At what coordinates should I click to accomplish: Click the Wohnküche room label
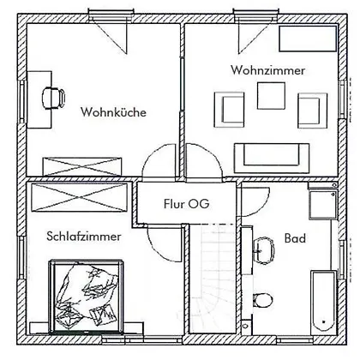[113, 111]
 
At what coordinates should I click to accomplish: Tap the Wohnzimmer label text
[268, 70]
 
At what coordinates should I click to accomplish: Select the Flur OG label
[187, 203]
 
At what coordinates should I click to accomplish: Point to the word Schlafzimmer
[84, 237]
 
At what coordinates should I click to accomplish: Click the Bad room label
[295, 238]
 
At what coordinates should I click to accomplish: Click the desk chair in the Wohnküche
[53, 98]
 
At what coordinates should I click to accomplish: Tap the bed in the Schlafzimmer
[86, 297]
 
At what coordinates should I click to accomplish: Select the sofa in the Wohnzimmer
[272, 158]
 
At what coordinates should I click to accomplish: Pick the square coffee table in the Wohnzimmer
[271, 96]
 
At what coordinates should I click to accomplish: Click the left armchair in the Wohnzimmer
[229, 110]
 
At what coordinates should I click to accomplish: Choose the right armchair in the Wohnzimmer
[313, 111]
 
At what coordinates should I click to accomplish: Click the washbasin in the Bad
[264, 250]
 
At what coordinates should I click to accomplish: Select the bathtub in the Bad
[323, 303]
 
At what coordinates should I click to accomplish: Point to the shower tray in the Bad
[323, 204]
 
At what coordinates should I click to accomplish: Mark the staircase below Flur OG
[213, 279]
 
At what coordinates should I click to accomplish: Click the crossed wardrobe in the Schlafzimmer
[79, 197]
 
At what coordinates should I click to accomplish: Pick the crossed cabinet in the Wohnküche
[82, 166]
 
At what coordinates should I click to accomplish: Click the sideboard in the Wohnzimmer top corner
[308, 39]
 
